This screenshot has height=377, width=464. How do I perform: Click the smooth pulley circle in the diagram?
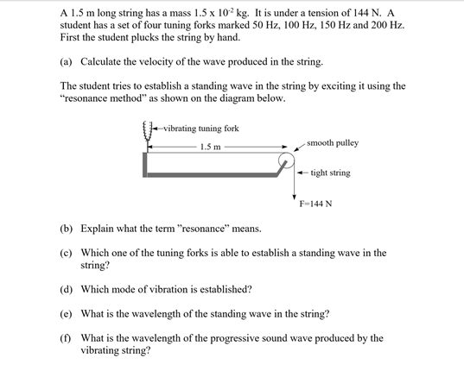[286, 160]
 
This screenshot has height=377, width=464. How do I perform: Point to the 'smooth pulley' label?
[333, 142]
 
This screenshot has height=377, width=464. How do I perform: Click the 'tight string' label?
[330, 173]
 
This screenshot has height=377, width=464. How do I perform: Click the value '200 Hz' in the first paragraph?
[386, 26]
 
